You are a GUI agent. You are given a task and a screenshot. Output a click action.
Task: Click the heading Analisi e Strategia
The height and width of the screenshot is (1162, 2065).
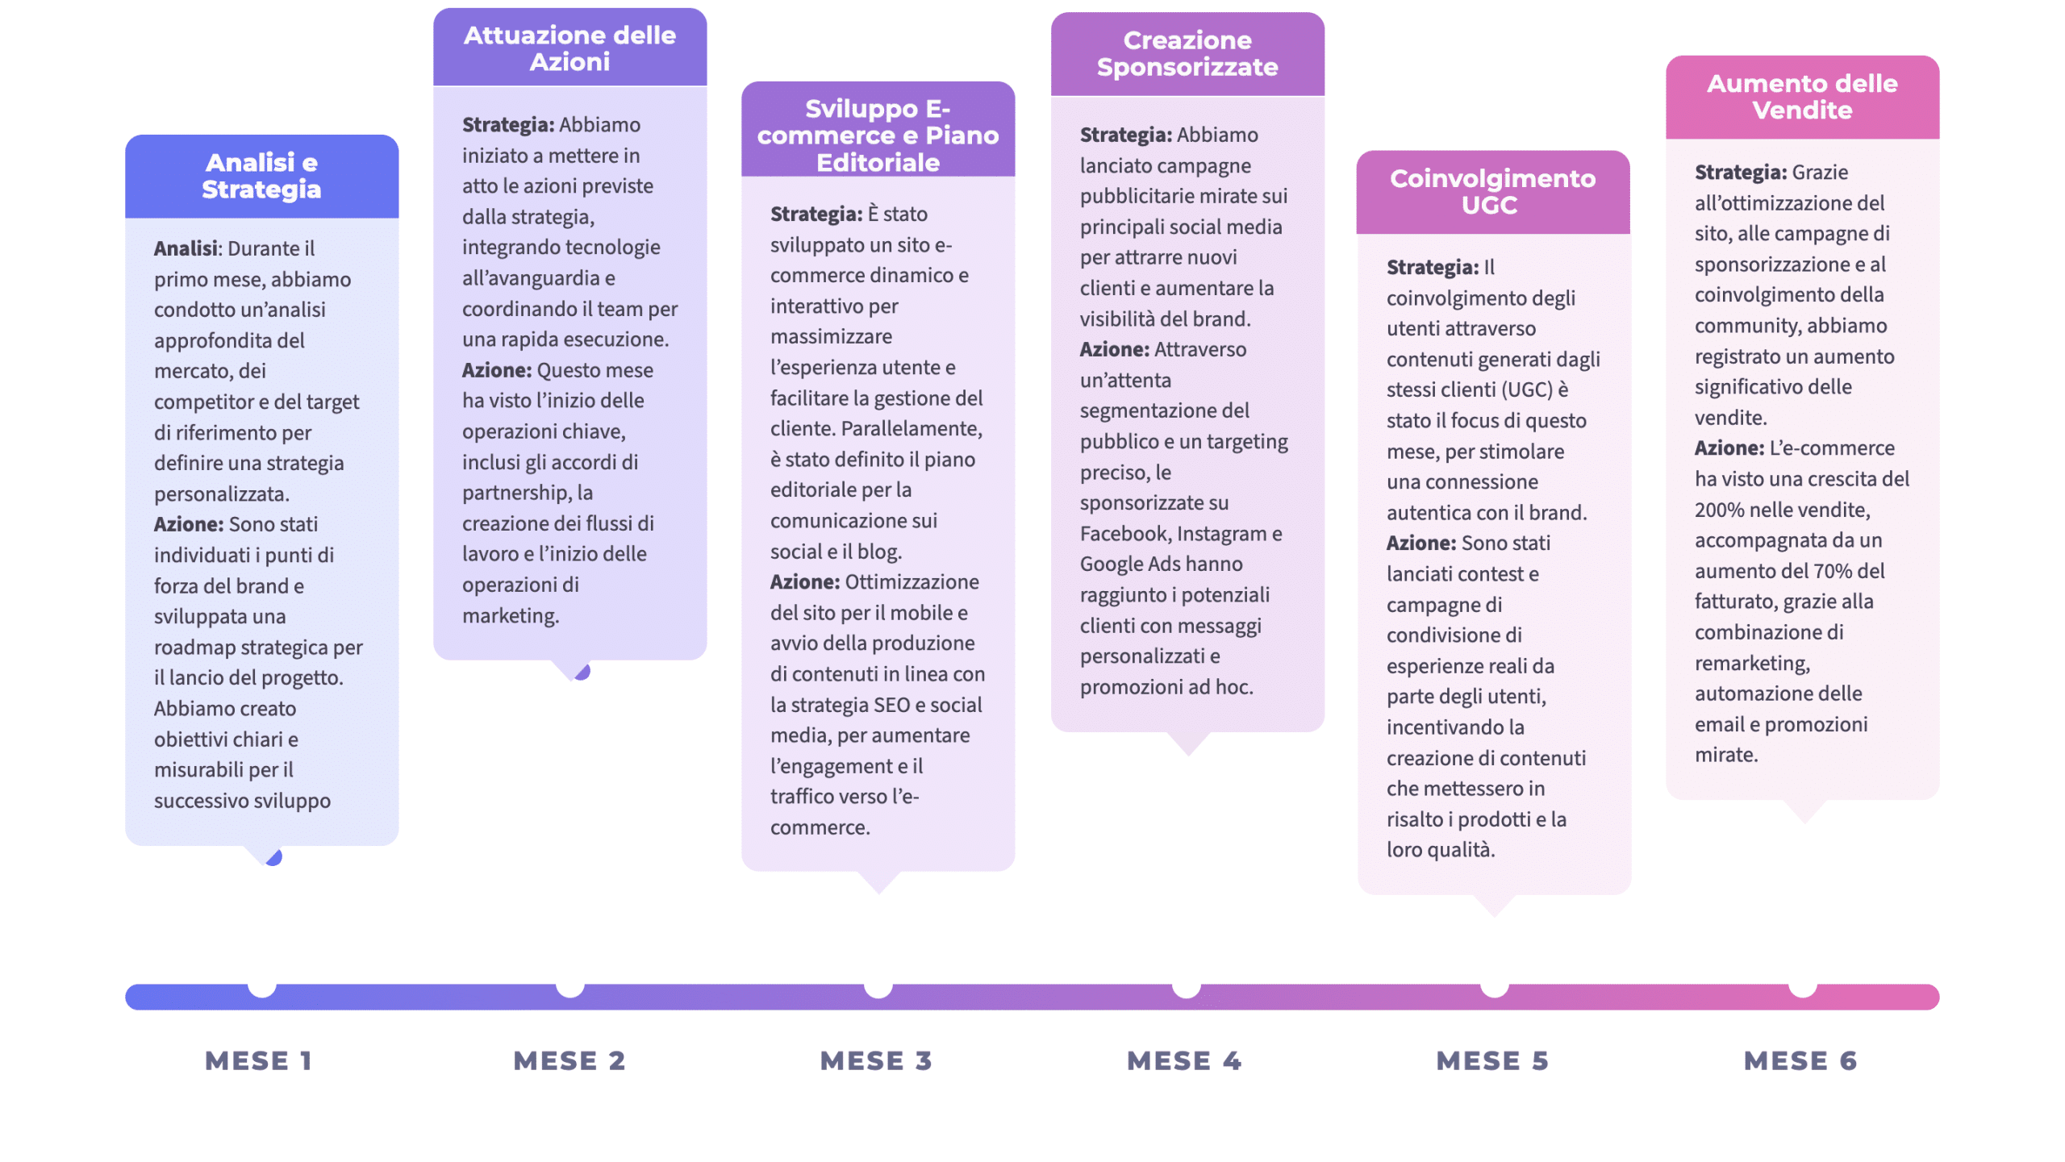(261, 175)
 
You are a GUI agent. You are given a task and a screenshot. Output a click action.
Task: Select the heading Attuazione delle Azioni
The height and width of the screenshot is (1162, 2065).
(569, 48)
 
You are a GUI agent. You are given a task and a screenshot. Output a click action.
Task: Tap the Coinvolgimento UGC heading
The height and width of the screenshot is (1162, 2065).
(1491, 191)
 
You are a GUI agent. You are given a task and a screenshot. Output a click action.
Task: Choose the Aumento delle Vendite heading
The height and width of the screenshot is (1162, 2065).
(1801, 96)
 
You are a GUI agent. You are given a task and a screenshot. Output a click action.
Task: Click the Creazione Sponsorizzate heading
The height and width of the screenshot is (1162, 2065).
(1187, 53)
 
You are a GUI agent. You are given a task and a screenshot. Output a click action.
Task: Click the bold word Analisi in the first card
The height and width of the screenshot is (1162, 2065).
(186, 248)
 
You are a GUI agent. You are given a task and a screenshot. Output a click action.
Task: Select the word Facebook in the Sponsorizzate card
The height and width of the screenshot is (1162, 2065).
(1124, 533)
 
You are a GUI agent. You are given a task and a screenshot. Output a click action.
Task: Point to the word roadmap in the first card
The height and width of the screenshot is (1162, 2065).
(194, 648)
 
